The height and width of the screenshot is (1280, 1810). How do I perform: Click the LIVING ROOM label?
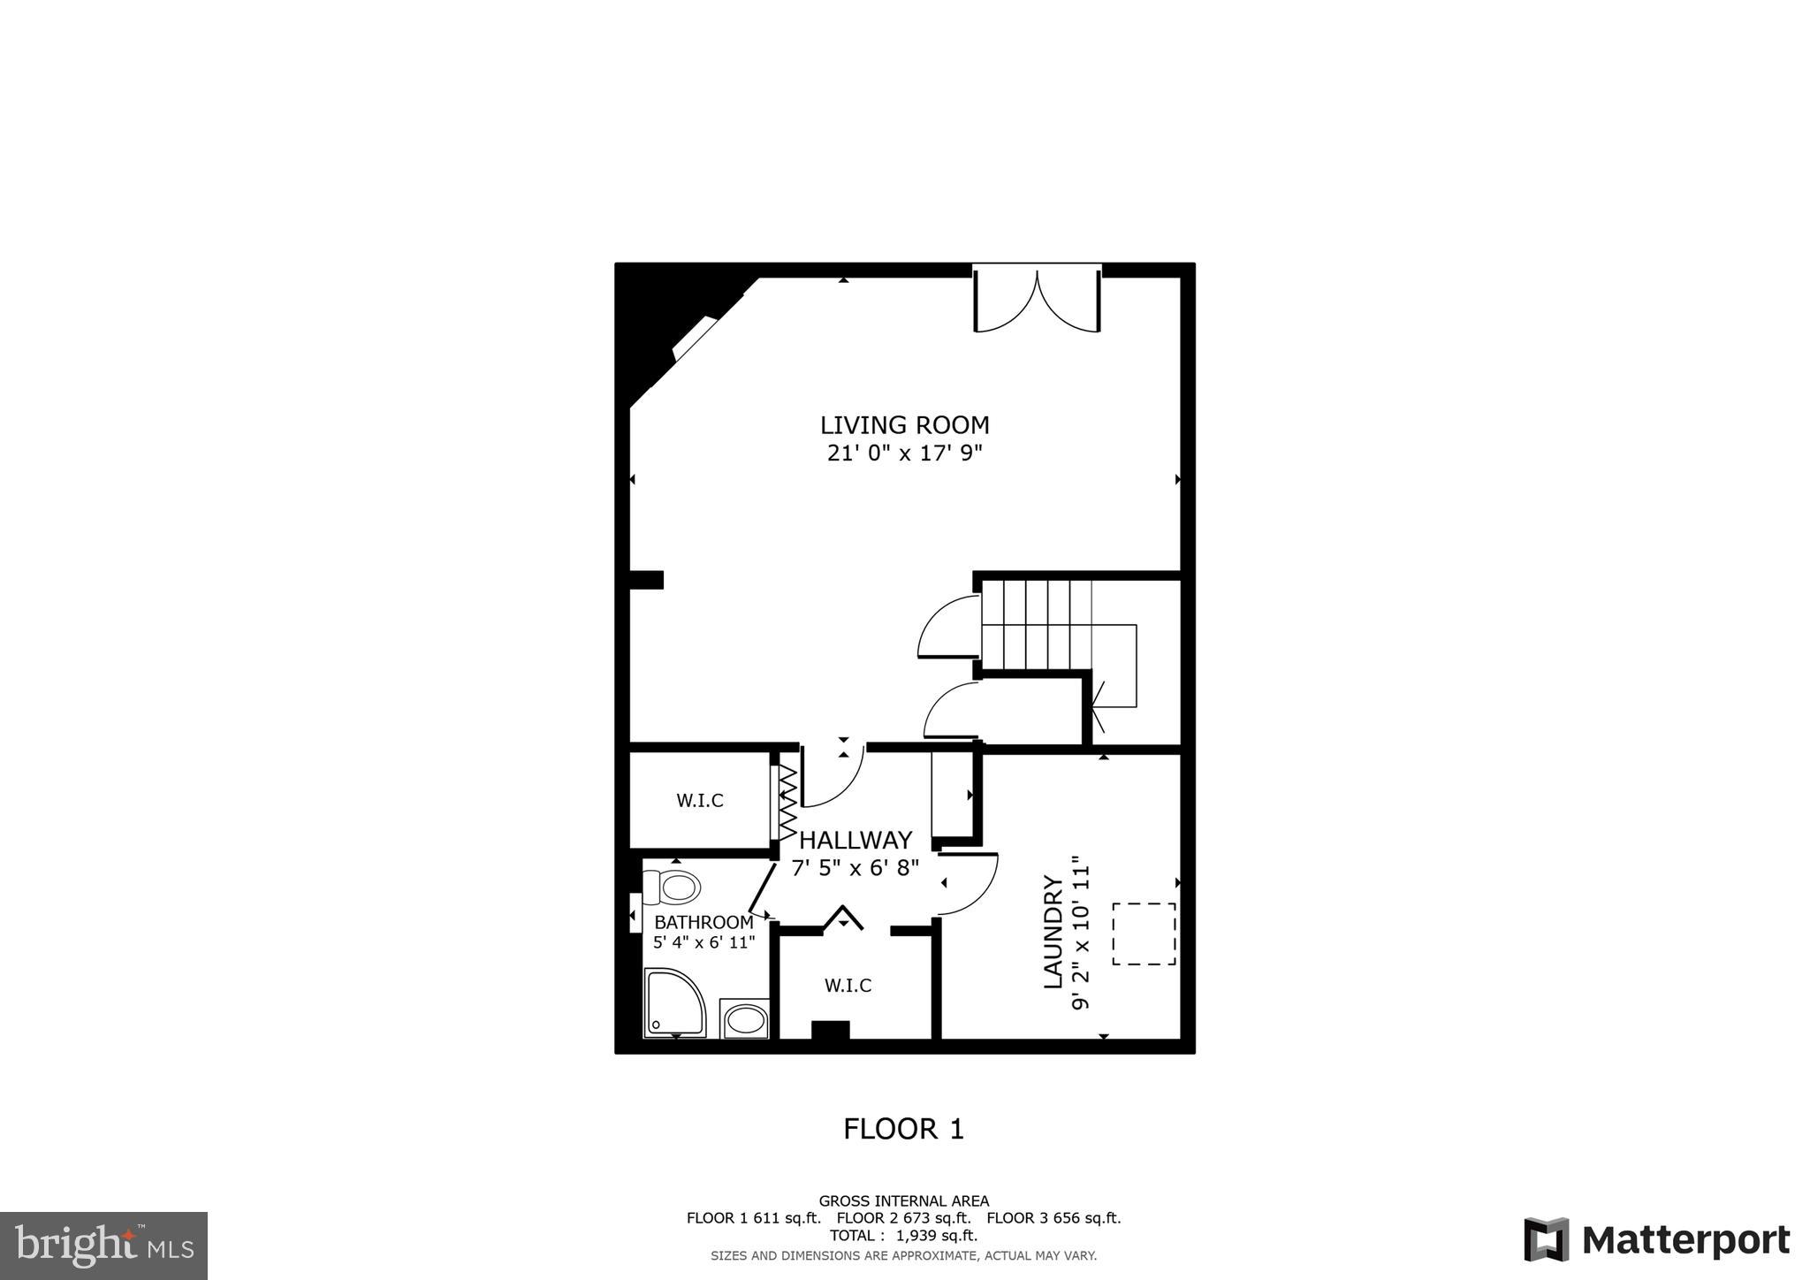(x=904, y=425)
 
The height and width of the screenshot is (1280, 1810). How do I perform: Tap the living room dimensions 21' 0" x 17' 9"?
(x=904, y=453)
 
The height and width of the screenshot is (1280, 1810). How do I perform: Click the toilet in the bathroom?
(x=673, y=887)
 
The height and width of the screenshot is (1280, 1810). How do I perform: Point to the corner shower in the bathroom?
(x=673, y=1002)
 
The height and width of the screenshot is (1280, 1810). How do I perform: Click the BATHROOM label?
(x=703, y=923)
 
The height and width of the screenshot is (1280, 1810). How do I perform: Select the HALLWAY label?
(x=856, y=840)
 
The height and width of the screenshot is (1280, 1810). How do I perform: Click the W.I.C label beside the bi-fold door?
(x=700, y=801)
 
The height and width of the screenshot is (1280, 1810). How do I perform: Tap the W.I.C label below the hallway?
(x=848, y=985)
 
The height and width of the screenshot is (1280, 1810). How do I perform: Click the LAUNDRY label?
(x=1053, y=932)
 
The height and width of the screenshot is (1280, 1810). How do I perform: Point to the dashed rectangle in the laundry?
(x=1144, y=933)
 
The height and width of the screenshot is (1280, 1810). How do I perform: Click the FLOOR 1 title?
(x=903, y=1129)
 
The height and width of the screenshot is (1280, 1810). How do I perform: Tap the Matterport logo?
(x=1656, y=1240)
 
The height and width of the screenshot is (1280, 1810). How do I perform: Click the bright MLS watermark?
(x=104, y=1246)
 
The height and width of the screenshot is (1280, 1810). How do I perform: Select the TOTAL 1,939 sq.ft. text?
(x=903, y=1235)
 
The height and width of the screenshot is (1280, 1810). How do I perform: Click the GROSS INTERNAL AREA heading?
(x=903, y=1200)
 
